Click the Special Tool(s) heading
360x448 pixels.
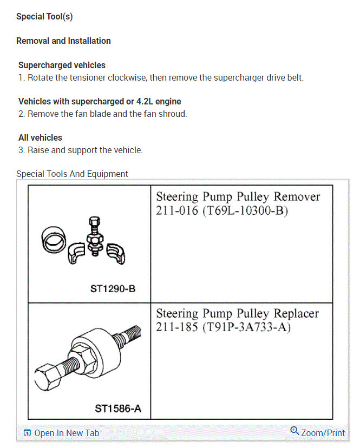click(x=44, y=16)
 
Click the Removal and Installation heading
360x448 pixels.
click(x=63, y=41)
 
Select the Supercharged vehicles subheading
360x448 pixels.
click(x=62, y=65)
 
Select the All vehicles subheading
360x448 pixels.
click(x=40, y=137)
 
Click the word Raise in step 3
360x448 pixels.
click(x=38, y=150)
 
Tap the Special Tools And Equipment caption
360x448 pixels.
click(x=72, y=174)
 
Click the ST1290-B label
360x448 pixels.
click(x=113, y=289)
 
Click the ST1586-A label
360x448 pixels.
click(x=115, y=409)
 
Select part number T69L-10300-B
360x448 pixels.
click(x=246, y=210)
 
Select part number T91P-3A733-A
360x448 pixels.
click(x=246, y=327)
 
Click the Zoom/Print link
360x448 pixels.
click(x=323, y=433)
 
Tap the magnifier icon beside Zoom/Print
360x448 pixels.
click(x=294, y=431)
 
